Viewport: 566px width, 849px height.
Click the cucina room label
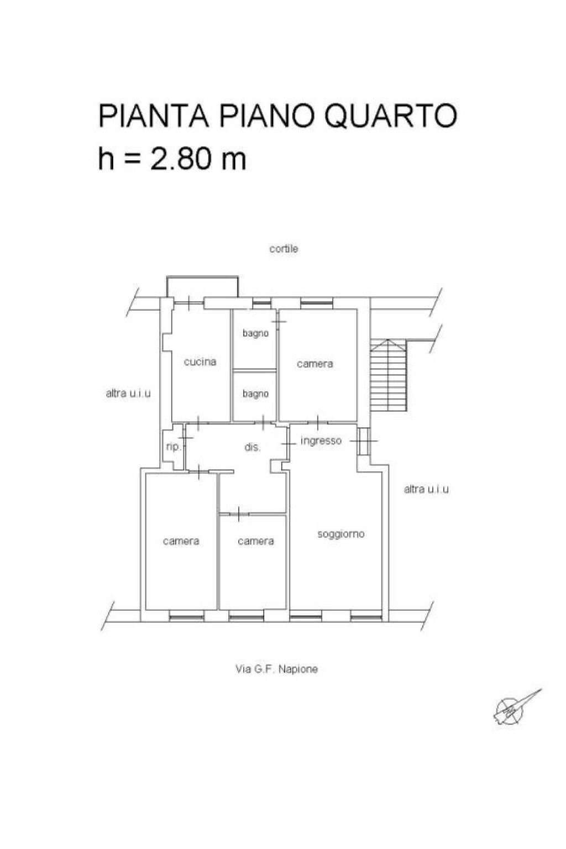click(x=200, y=362)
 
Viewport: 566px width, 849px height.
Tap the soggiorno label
click(x=340, y=534)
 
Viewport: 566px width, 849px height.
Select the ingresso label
click(x=321, y=441)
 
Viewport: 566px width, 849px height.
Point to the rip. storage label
click(x=173, y=447)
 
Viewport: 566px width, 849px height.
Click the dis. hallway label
click(x=252, y=447)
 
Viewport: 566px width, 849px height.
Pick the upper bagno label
click(x=255, y=333)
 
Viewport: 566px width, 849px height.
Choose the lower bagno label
click(x=255, y=394)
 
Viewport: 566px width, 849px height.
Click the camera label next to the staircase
click(x=315, y=364)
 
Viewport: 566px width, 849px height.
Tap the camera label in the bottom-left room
click(x=181, y=541)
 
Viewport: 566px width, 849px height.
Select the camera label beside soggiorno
click(x=255, y=541)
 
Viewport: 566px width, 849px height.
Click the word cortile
click(x=284, y=249)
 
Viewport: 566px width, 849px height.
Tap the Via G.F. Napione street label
click(x=276, y=669)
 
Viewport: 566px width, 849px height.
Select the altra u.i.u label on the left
click(x=128, y=394)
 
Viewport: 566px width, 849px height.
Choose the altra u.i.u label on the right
click(x=426, y=489)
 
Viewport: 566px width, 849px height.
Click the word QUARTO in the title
click(x=390, y=116)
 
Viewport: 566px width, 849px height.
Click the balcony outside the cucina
click(x=202, y=287)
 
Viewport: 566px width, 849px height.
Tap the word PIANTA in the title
click(x=153, y=116)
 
